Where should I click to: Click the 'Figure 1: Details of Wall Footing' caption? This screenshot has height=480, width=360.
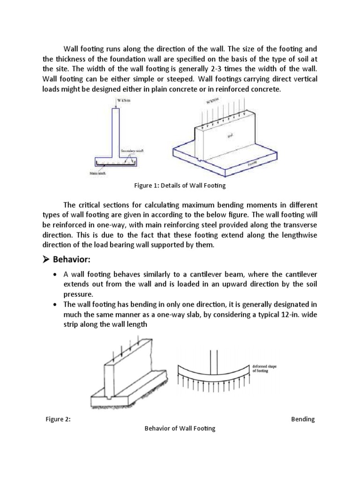pyautogui.click(x=180, y=186)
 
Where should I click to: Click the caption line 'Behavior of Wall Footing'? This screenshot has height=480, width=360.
pyautogui.click(x=180, y=428)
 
